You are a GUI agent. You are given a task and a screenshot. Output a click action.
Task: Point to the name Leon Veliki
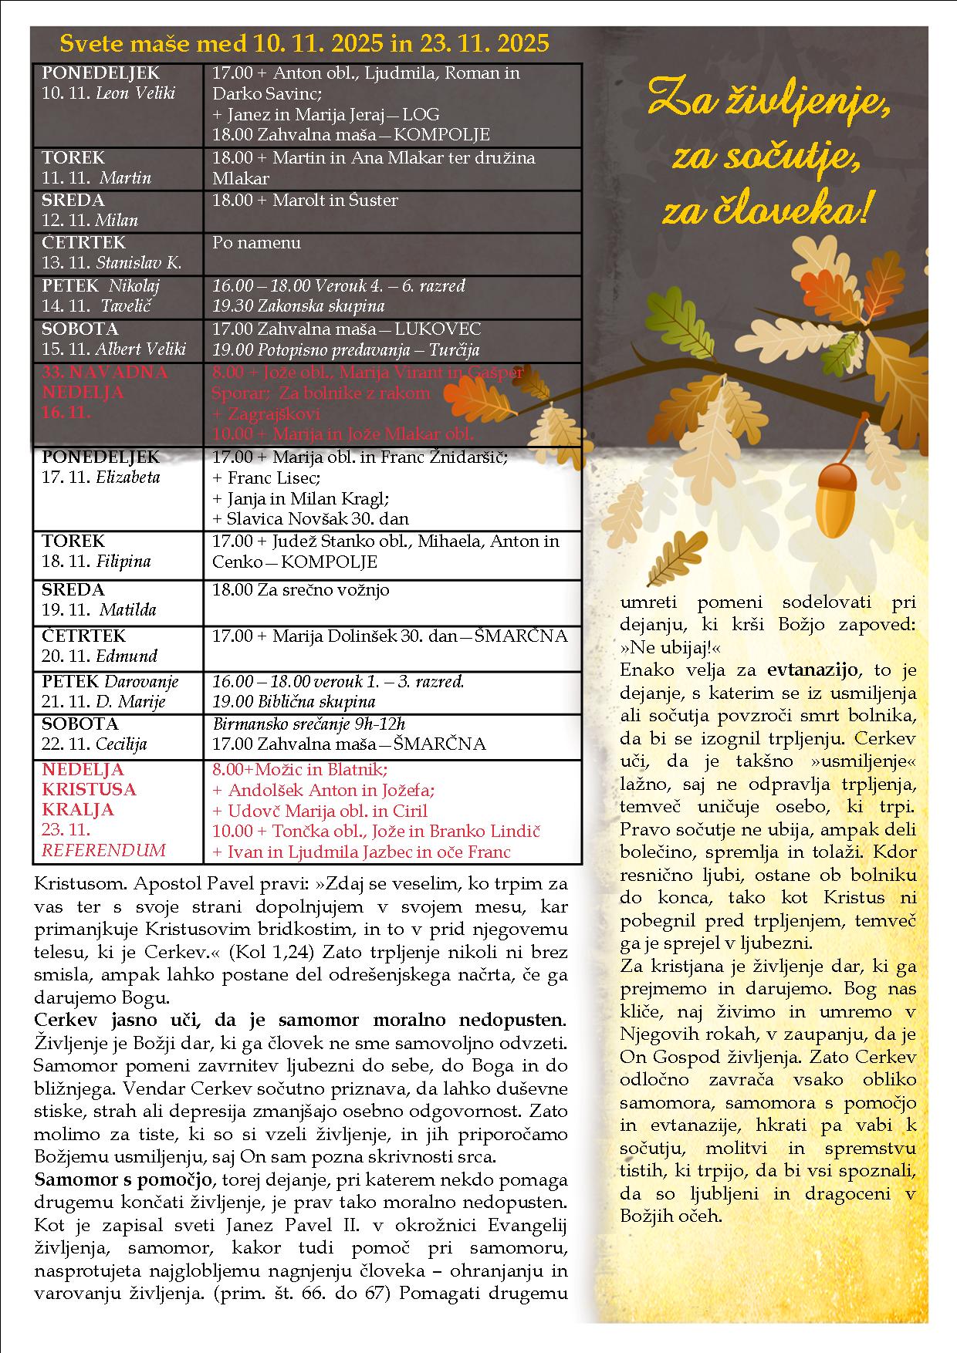(135, 93)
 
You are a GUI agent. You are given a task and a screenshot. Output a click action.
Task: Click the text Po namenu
(256, 243)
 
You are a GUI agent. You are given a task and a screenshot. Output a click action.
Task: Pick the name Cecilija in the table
(121, 744)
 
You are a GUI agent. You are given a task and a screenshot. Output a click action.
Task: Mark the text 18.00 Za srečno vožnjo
(300, 590)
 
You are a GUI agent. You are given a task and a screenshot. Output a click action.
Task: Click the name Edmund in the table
(127, 656)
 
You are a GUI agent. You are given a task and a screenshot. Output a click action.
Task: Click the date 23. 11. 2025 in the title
(485, 43)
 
